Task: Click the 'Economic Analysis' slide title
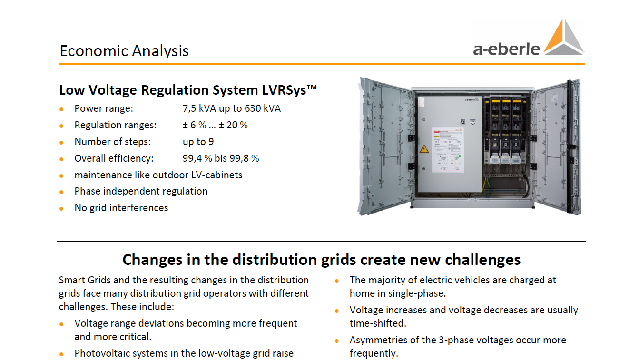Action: pos(124,51)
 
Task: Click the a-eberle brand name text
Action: pos(506,49)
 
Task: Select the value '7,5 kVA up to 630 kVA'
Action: pos(232,108)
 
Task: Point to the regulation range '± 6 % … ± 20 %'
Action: pos(215,125)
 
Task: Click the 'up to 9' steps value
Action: pos(198,142)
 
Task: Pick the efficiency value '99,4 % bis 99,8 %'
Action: pos(220,158)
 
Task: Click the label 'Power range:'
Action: pos(104,108)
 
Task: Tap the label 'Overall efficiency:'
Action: pos(114,158)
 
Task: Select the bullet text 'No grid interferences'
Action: pos(121,208)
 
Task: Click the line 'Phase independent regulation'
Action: pos(141,191)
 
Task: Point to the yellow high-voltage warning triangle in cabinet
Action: pos(424,149)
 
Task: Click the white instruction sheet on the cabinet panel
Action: pos(447,150)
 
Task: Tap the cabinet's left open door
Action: pos(385,146)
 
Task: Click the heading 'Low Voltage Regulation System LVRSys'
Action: pos(188,90)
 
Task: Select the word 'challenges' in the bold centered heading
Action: pos(482,260)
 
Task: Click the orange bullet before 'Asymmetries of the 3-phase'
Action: pos(336,341)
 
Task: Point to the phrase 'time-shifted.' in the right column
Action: pos(378,323)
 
